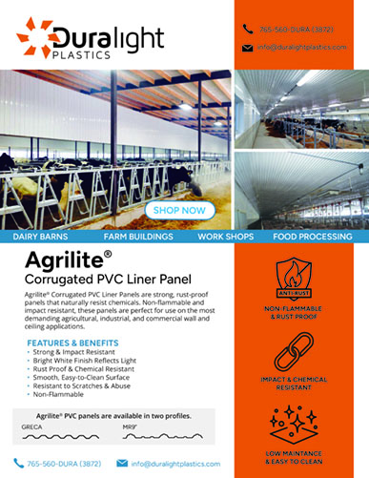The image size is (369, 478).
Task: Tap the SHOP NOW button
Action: coord(178,210)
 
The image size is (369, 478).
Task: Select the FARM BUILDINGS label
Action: coord(139,235)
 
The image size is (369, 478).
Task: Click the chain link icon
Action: coord(307,350)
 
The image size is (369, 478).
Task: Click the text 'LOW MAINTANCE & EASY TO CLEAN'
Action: coord(307,458)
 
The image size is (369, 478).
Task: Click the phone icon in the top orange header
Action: coord(247,29)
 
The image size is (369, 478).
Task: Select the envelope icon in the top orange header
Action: coord(247,47)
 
